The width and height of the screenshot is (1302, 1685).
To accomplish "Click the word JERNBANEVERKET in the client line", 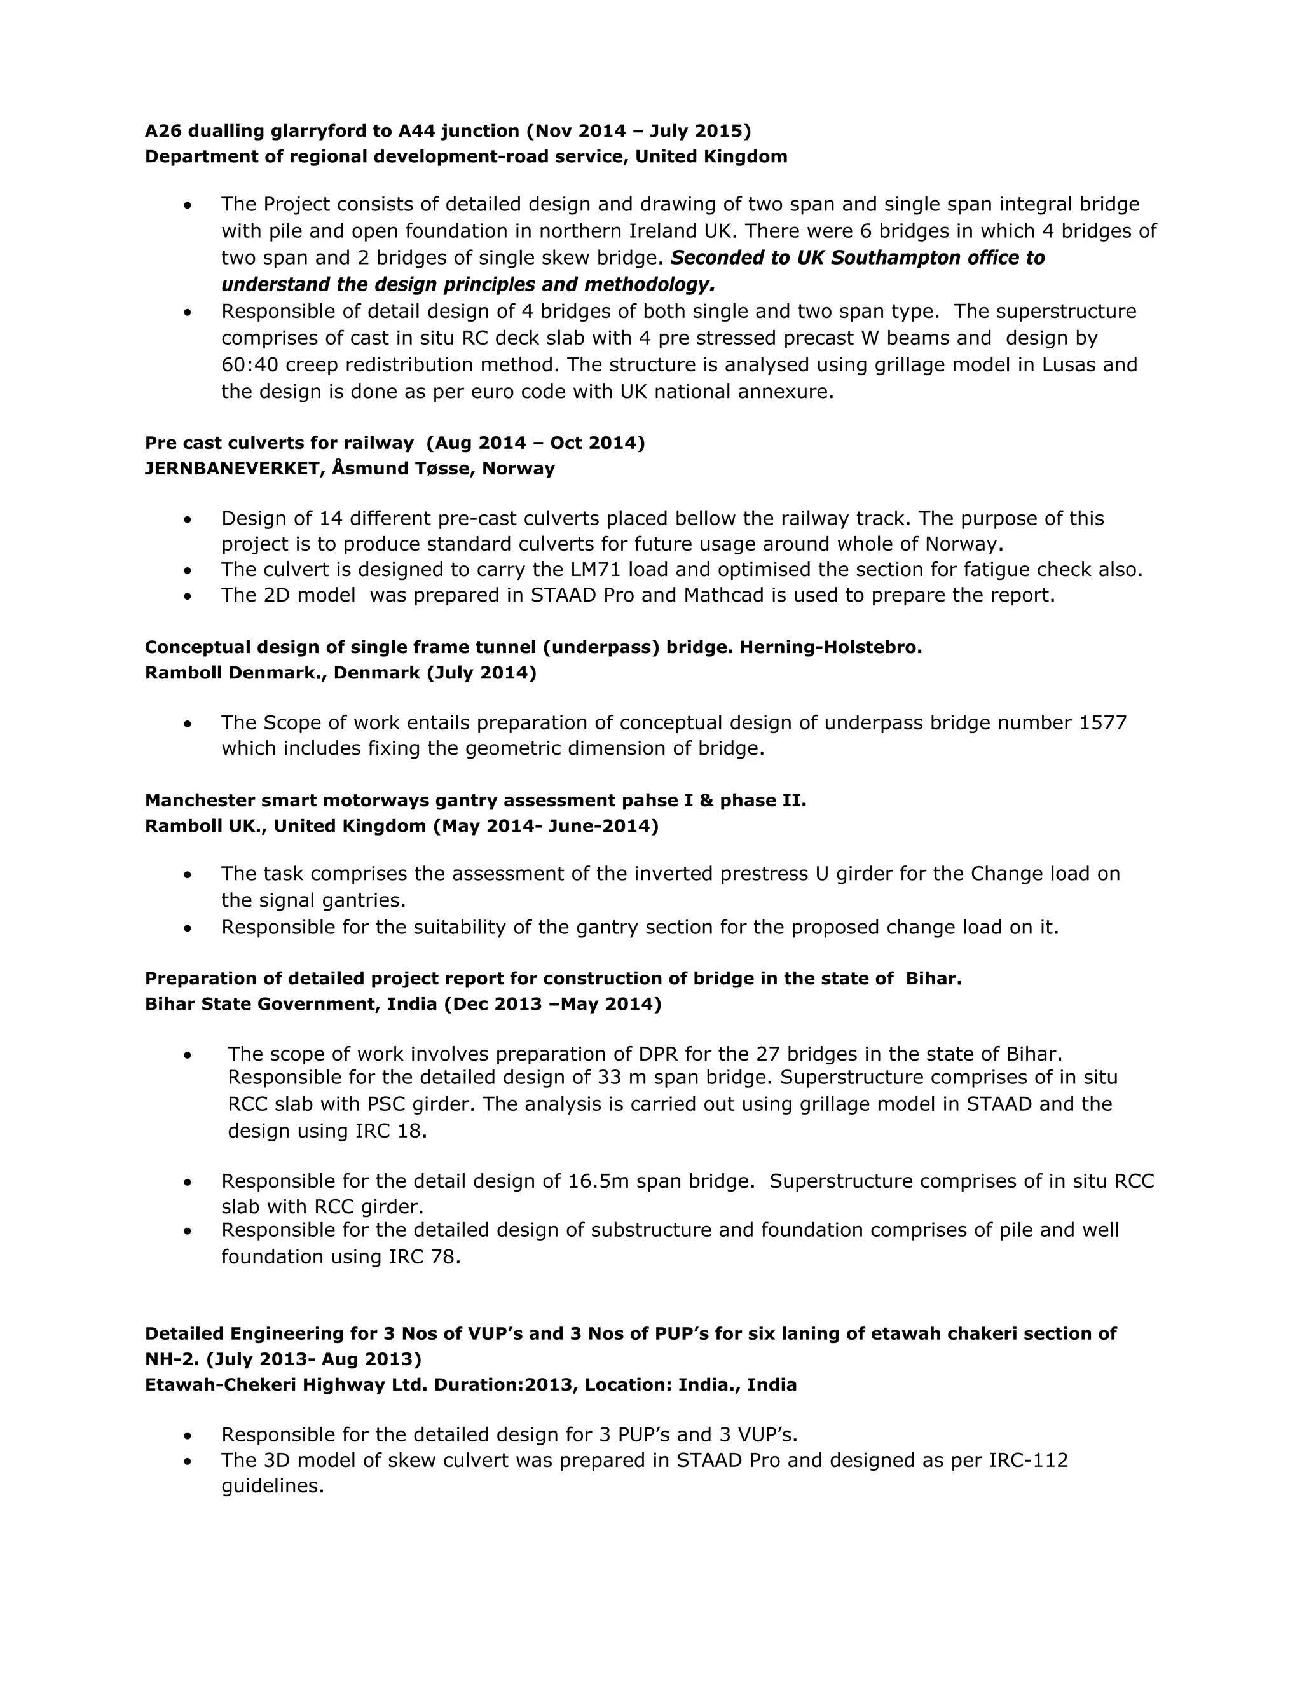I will click(231, 469).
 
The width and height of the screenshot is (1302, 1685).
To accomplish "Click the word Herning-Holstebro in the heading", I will click(831, 647).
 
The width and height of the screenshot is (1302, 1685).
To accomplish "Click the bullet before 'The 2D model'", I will click(188, 596).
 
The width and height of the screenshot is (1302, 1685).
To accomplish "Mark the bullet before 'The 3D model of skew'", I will click(188, 1461).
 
